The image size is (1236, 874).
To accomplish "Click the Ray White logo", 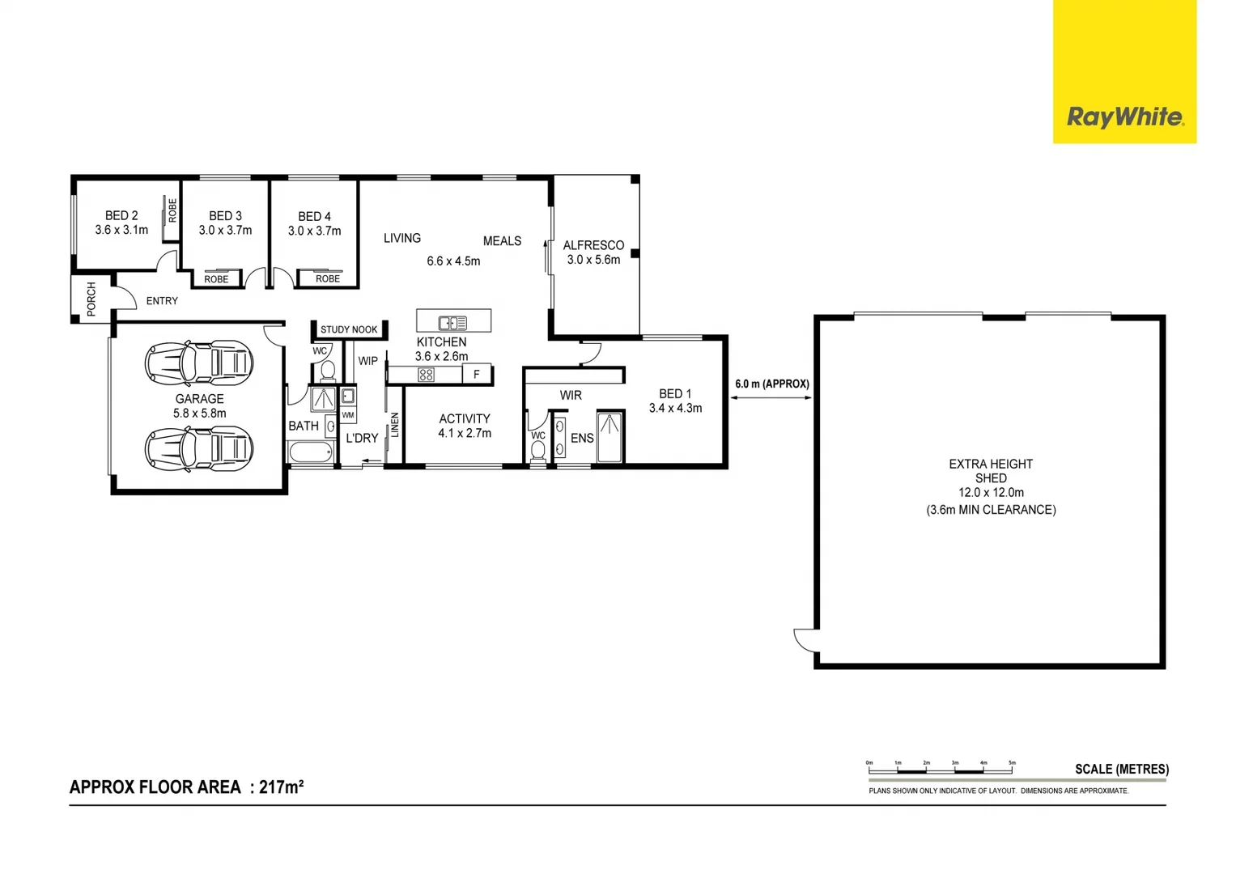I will click(x=1124, y=118).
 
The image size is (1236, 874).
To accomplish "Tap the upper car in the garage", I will click(x=199, y=362).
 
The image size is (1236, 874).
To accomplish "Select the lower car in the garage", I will click(x=199, y=448).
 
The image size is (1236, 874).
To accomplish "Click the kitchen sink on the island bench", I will click(x=452, y=323).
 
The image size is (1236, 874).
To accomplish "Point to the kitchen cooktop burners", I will click(x=426, y=375).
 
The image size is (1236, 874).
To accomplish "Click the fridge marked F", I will click(x=477, y=374).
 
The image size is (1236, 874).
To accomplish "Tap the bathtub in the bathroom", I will click(x=311, y=452).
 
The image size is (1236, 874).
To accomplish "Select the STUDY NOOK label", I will click(x=349, y=329).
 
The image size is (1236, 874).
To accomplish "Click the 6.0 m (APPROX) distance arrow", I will click(x=771, y=397).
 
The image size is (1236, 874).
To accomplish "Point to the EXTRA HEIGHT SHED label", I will click(x=991, y=471).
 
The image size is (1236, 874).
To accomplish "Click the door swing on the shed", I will click(x=805, y=639).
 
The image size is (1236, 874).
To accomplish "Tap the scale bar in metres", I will click(x=941, y=770).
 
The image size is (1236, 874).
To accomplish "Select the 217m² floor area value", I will click(x=281, y=787).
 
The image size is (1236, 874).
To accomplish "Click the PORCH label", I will click(x=91, y=299).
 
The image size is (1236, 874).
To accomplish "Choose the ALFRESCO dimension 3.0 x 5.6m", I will click(x=593, y=260).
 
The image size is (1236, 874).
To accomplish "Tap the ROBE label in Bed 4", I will click(x=327, y=279).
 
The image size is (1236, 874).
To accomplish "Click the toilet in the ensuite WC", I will click(x=538, y=449).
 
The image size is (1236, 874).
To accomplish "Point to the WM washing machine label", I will click(x=348, y=415).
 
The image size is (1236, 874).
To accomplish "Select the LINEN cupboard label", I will click(x=395, y=425).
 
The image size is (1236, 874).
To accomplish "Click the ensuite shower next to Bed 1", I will click(x=610, y=438).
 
